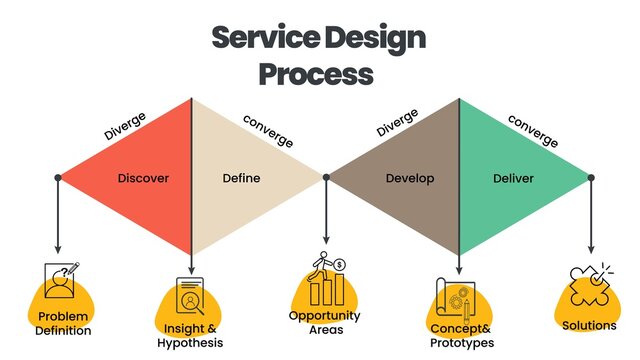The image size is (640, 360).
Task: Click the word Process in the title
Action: coord(316,73)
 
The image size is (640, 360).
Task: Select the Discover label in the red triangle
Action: coord(143,179)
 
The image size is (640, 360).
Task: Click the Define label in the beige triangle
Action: coord(241,179)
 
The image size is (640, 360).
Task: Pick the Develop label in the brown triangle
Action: coord(411,179)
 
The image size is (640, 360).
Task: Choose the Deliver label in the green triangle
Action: coord(513,179)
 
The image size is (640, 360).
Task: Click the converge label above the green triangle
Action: coord(533,129)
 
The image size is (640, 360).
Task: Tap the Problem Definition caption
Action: coord(64,324)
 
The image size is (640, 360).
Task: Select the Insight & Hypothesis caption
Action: coord(190,335)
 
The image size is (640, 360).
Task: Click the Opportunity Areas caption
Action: coord(324,322)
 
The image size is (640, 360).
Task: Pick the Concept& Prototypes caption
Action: coord(461,335)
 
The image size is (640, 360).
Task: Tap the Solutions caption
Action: coord(589,326)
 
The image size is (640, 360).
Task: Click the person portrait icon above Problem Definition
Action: coord(61,283)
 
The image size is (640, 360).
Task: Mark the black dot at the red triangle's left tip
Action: coord(58,178)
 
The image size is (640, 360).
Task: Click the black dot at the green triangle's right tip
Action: coord(591,178)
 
